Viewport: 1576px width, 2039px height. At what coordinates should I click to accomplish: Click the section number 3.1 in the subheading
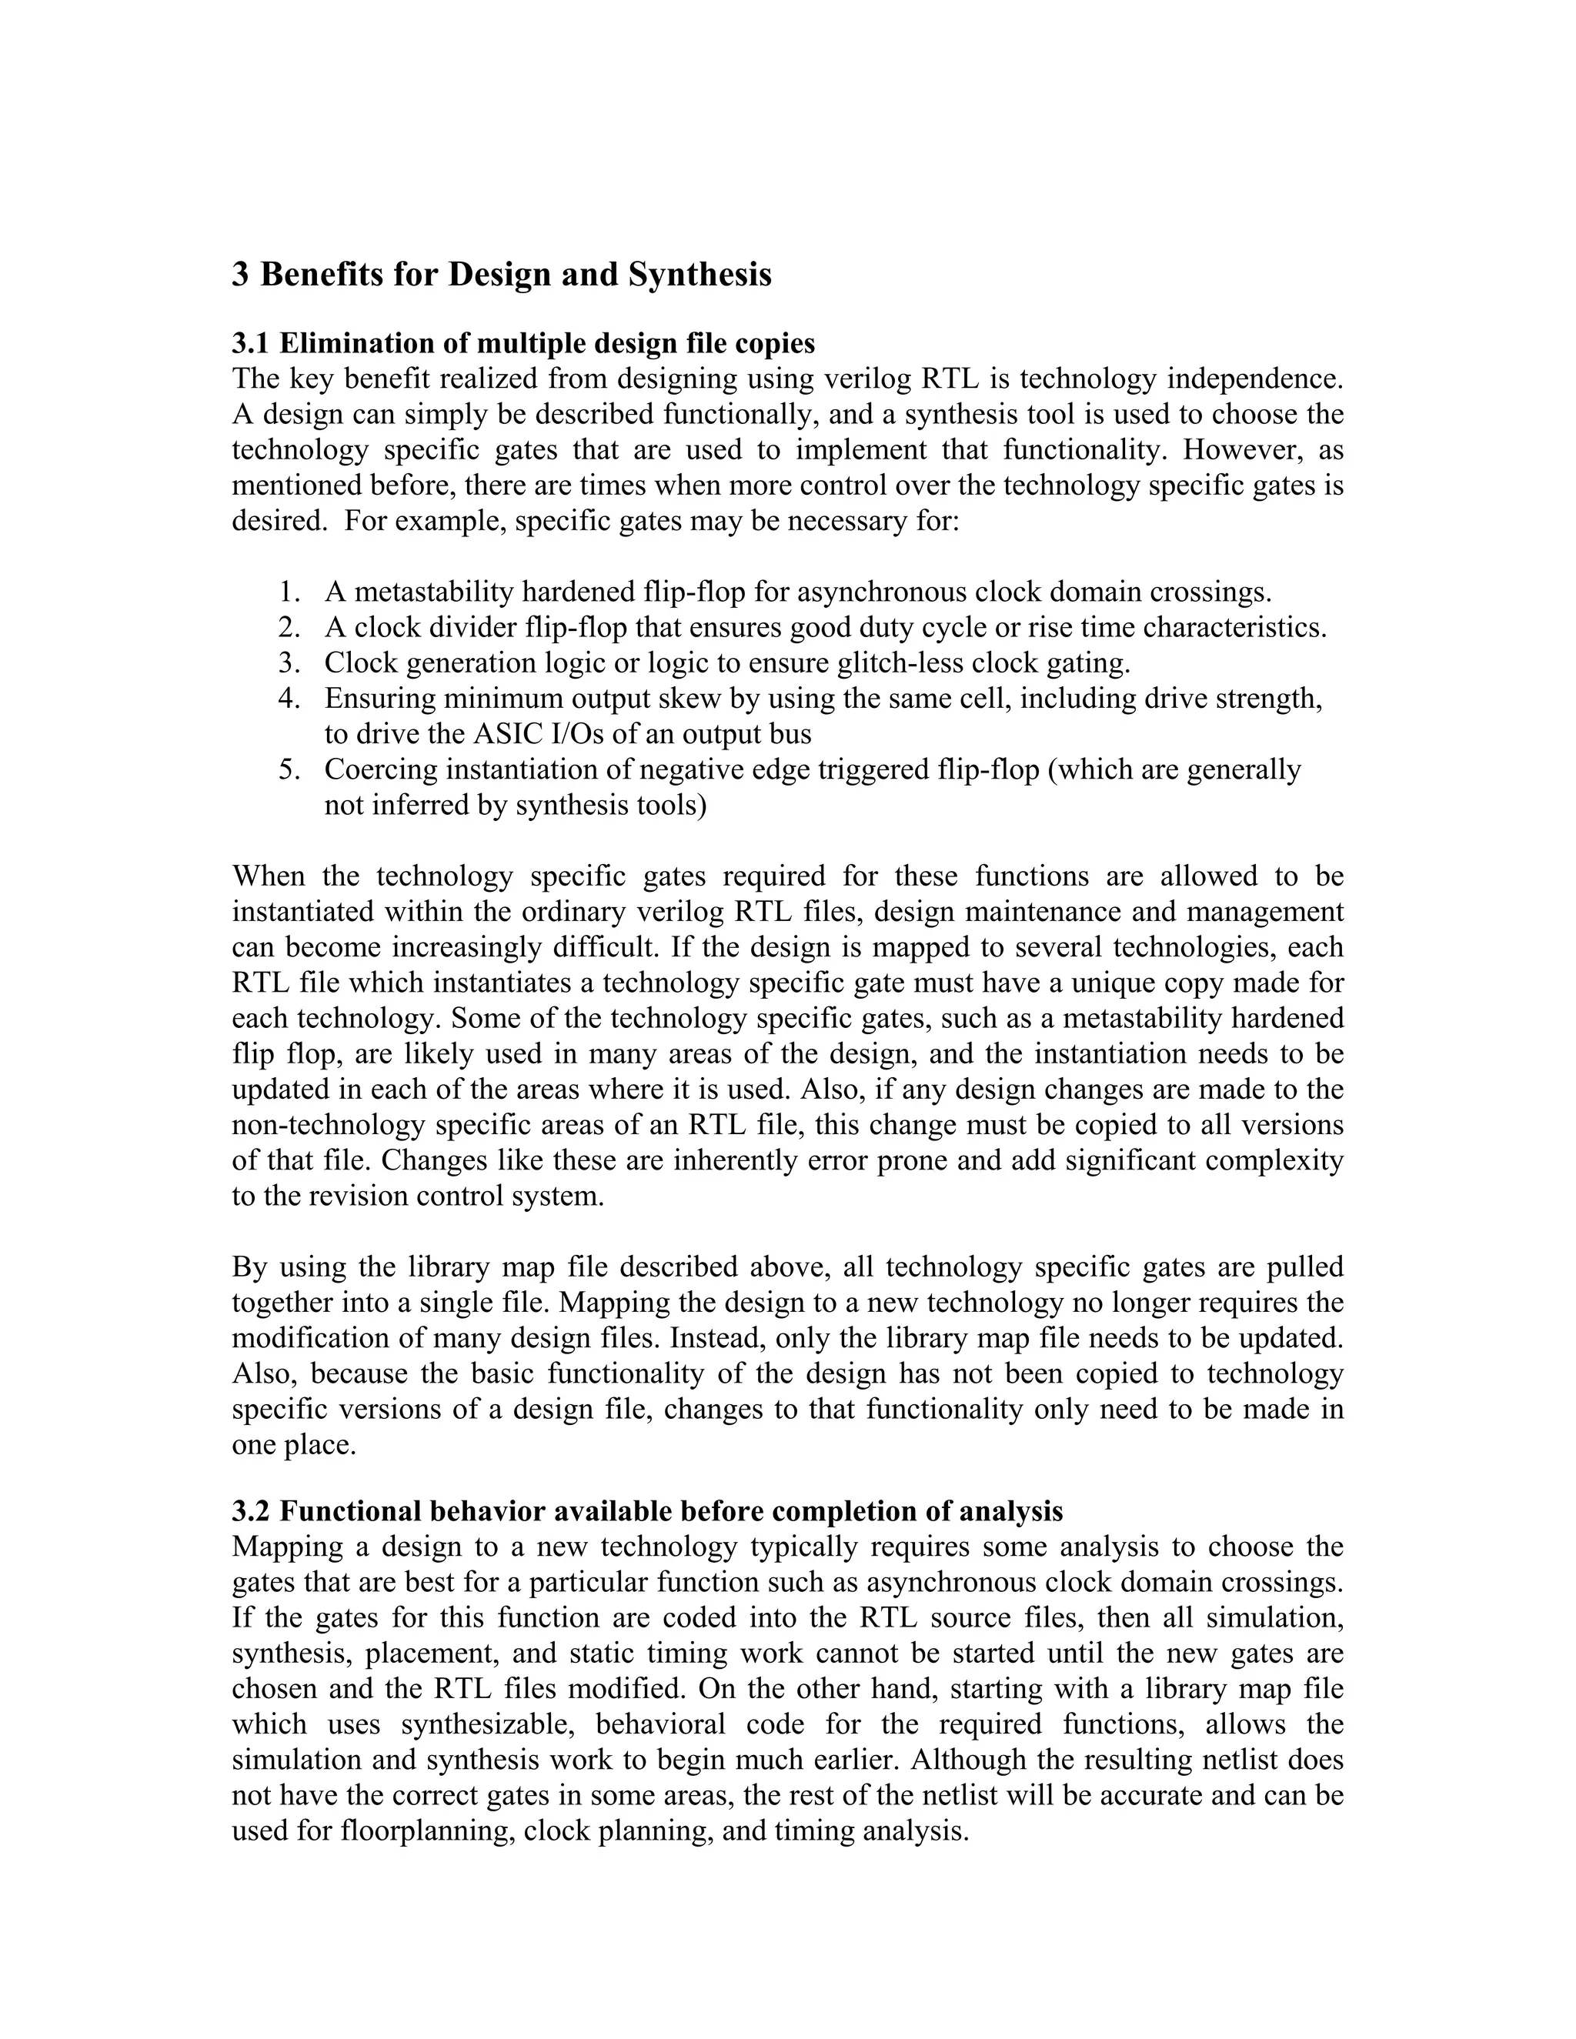pos(250,344)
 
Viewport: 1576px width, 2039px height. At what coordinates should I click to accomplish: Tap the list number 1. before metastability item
pos(289,592)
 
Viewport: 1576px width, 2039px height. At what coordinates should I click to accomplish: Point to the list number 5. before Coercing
pos(289,770)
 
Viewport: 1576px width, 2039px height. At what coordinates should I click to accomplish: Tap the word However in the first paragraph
pos(1240,450)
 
